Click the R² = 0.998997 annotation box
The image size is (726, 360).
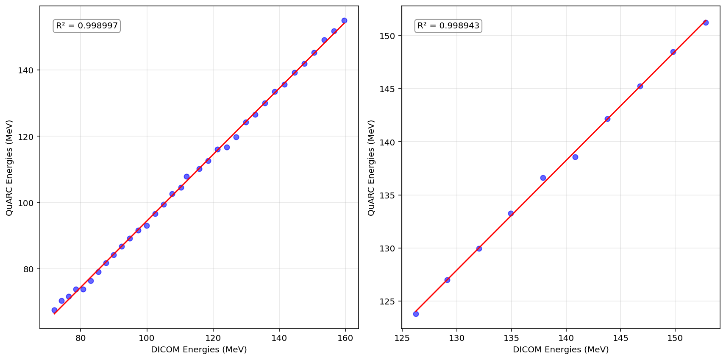(87, 26)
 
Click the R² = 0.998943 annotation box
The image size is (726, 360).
(448, 26)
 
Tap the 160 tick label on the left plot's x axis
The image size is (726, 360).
(345, 338)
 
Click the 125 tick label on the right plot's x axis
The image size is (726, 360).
(402, 338)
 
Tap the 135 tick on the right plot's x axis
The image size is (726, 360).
(511, 338)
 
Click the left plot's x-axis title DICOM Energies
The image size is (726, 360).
(199, 350)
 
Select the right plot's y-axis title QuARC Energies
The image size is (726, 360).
(372, 167)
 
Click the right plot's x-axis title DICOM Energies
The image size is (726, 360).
(560, 350)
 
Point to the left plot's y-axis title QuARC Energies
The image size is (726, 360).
(10, 167)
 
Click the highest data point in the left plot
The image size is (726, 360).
(344, 20)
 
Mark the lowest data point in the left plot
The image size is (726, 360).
(54, 310)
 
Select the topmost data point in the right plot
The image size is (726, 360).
(706, 22)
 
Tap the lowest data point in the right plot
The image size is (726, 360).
(416, 314)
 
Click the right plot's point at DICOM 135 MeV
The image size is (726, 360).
(511, 213)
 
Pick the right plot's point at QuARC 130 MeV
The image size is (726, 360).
(479, 248)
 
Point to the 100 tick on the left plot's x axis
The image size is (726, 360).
(147, 338)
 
